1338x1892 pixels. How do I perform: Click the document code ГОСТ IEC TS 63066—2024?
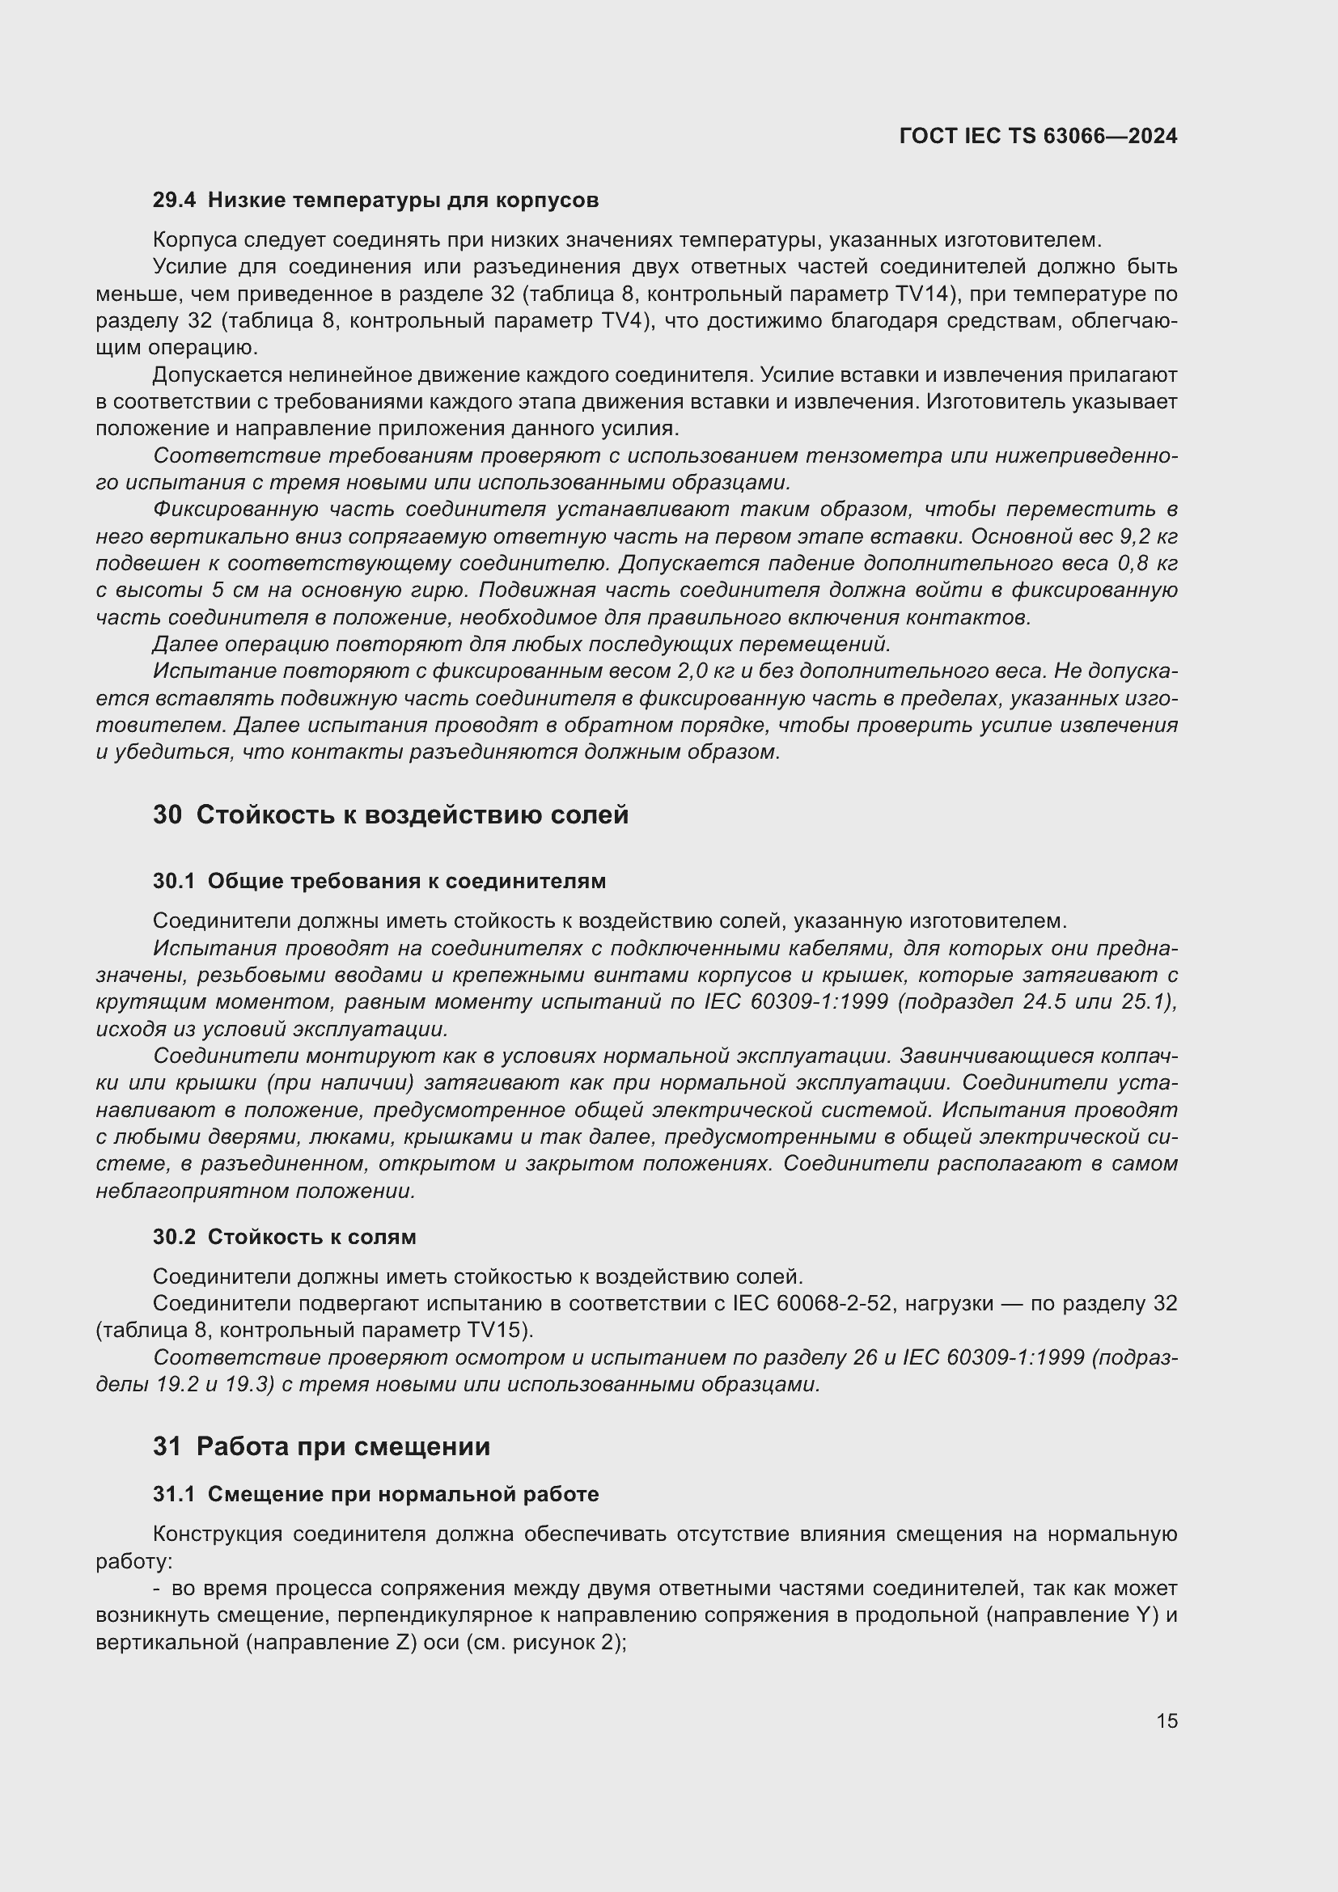tap(1038, 136)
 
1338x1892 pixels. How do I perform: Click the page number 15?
tap(1167, 1721)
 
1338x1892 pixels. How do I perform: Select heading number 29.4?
tap(174, 201)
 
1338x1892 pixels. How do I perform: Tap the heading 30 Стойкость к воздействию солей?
tap(391, 815)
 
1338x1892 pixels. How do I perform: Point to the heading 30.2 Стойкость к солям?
tap(284, 1237)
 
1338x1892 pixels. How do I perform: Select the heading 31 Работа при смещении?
tap(321, 1446)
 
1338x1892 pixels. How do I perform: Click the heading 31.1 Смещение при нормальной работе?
tap(375, 1494)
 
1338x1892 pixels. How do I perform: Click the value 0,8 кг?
tap(1148, 564)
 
